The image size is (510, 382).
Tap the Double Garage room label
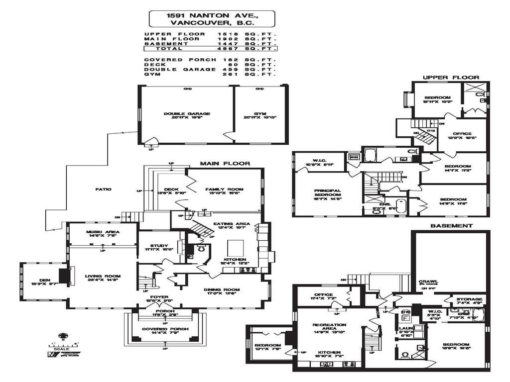[187, 114]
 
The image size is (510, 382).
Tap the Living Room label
[103, 277]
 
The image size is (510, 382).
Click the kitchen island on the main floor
[236, 247]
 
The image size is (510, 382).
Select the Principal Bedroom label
[327, 192]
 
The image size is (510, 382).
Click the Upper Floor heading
[451, 78]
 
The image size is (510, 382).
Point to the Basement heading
[451, 225]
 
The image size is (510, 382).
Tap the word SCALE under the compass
[63, 349]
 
